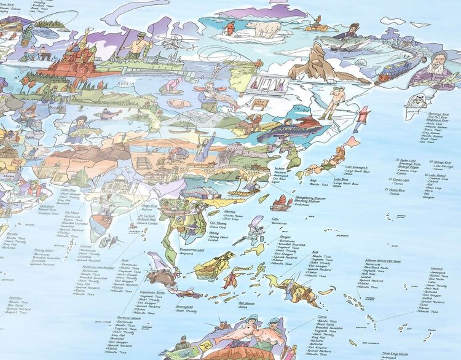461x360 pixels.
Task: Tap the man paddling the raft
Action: coord(317,25)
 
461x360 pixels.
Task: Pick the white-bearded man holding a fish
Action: coord(437,73)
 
